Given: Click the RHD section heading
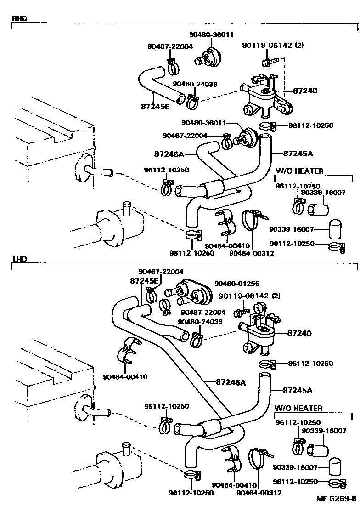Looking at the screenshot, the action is [19, 18].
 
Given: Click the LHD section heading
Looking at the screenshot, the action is [19, 259].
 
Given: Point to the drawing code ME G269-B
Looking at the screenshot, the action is [336, 499].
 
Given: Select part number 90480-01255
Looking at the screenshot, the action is [237, 284].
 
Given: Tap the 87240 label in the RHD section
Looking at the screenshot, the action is [305, 91].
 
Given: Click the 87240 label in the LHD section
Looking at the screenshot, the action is [299, 333].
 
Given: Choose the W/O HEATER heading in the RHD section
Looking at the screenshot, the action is [300, 171].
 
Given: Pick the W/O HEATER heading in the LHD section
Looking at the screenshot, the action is [298, 408].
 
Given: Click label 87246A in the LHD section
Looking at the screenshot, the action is [231, 382].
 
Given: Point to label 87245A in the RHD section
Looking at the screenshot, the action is [298, 154].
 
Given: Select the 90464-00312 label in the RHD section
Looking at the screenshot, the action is [252, 253].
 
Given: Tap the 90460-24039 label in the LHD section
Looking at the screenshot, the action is [200, 322].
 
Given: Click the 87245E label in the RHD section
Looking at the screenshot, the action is [155, 107].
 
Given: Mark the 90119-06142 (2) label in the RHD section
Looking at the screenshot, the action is [273, 45].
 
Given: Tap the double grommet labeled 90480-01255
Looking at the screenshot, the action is [190, 292].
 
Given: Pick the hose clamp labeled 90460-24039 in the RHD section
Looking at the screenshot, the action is [194, 102].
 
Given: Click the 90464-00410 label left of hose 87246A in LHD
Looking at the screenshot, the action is [125, 377].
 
